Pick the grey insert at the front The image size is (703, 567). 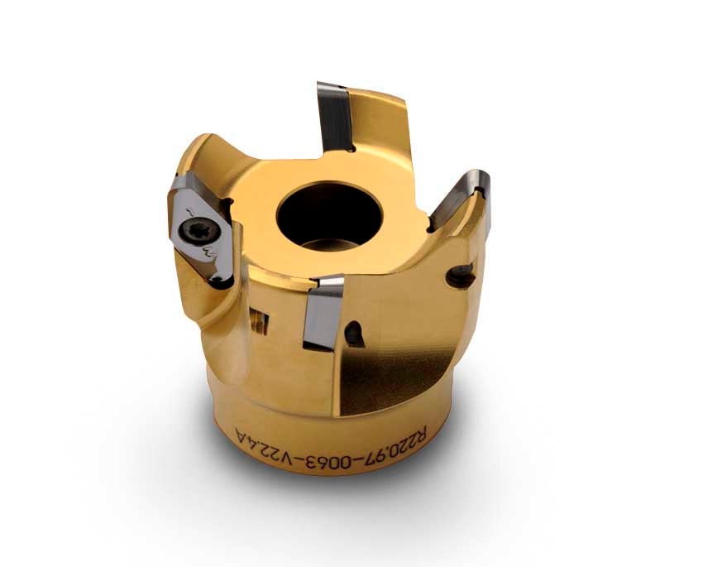click(322, 313)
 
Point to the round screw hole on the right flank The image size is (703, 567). click(461, 275)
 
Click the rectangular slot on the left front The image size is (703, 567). click(259, 320)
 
